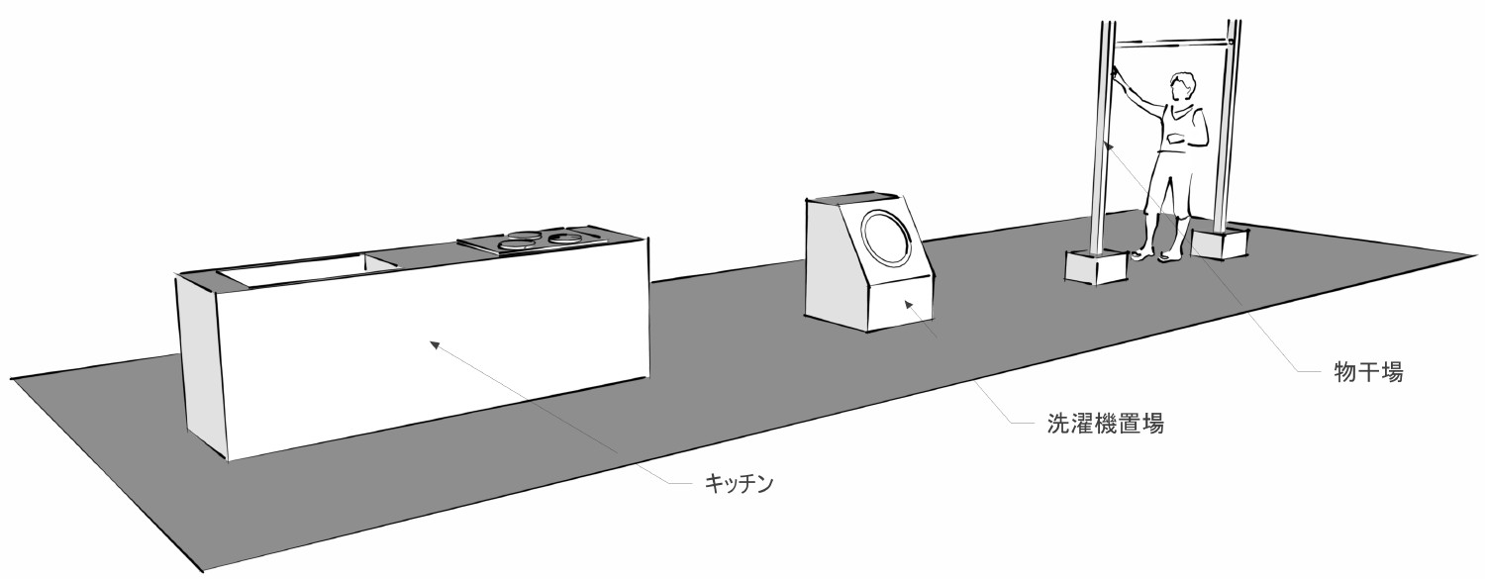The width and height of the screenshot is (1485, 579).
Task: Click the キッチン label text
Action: (738, 484)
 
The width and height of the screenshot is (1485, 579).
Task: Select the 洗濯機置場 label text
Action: (1104, 425)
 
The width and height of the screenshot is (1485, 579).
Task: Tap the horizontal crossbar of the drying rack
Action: (1173, 44)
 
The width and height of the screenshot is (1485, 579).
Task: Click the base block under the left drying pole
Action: (1095, 265)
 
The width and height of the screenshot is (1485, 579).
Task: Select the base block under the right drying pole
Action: (1220, 241)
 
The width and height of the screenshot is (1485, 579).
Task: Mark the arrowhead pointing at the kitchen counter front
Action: (434, 344)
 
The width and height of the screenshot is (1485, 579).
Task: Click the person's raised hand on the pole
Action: (1116, 70)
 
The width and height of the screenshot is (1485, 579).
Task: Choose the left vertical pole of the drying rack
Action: (1101, 139)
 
